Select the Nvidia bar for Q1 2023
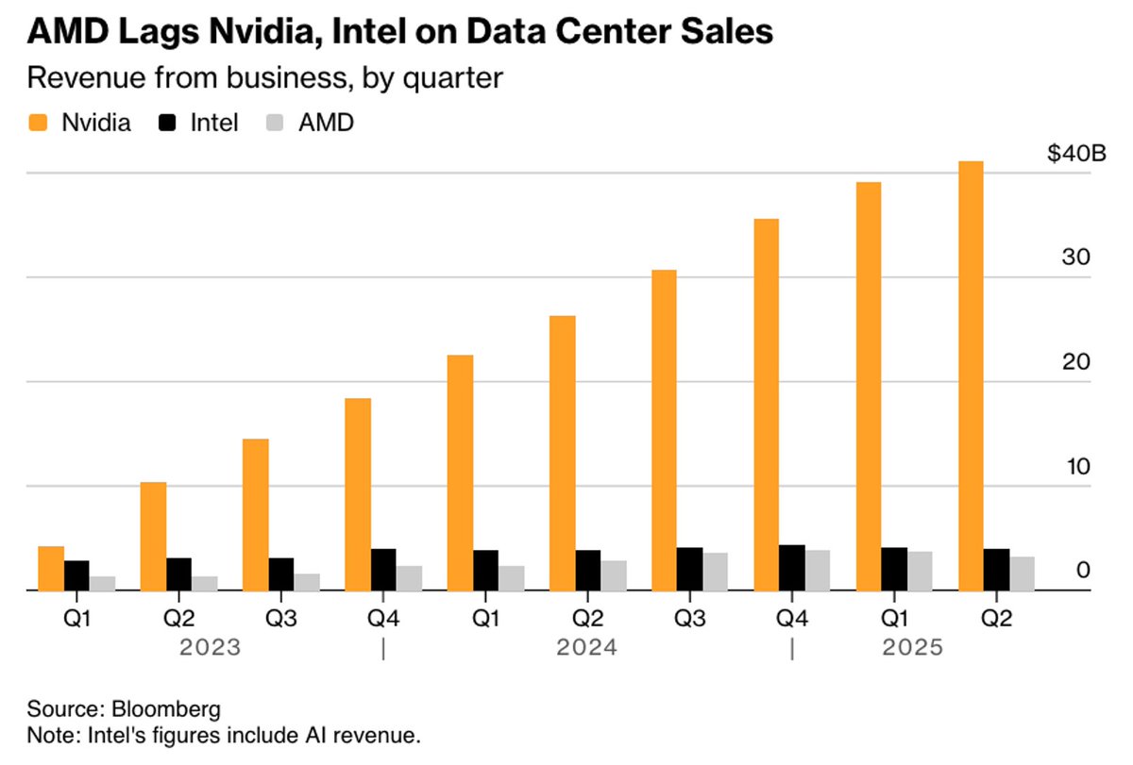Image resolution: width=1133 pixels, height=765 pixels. pyautogui.click(x=51, y=568)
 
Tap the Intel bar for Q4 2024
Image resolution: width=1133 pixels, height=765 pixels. pyautogui.click(x=791, y=568)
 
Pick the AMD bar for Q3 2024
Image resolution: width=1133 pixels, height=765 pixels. pyautogui.click(x=716, y=572)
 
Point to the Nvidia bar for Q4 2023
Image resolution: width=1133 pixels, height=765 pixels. pyautogui.click(x=358, y=494)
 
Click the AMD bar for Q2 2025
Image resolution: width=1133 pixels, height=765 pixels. pyautogui.click(x=1022, y=574)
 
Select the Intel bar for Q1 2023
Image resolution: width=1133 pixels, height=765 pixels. pyautogui.click(x=76, y=575)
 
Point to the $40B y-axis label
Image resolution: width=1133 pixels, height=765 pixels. pyautogui.click(x=1075, y=154)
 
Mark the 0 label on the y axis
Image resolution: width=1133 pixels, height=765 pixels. pyautogui.click(x=1083, y=570)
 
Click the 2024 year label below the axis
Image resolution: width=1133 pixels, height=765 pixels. pyautogui.click(x=586, y=648)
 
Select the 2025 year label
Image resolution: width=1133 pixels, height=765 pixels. pyautogui.click(x=913, y=648)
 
